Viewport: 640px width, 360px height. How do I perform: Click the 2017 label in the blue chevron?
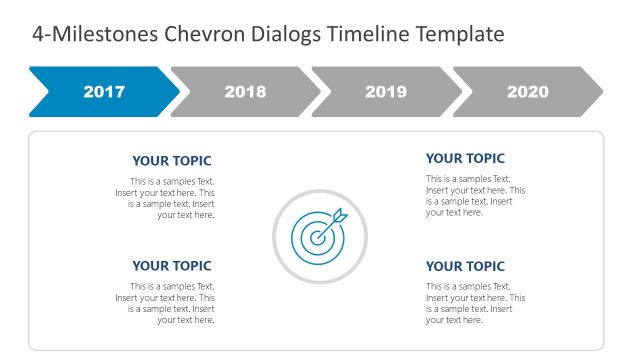click(104, 92)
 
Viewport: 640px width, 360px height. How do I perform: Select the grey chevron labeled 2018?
click(245, 92)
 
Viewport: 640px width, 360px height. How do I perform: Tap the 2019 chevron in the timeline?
click(386, 92)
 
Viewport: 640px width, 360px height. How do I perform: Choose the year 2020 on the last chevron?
click(527, 92)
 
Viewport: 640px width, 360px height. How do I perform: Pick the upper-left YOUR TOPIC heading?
click(172, 161)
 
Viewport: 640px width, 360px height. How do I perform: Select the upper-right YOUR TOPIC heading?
click(465, 158)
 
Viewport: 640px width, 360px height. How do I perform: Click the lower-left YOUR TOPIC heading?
click(172, 266)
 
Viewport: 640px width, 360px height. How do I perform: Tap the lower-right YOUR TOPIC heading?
click(465, 266)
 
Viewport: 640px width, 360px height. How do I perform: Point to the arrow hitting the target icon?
click(339, 215)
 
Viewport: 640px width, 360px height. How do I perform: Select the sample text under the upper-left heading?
click(166, 198)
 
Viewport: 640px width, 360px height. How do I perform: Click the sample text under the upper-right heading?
click(474, 195)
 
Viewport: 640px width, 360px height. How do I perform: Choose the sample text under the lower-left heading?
click(166, 303)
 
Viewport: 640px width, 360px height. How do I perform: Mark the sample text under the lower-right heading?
click(474, 303)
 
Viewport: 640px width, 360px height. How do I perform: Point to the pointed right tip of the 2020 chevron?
click(601, 92)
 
